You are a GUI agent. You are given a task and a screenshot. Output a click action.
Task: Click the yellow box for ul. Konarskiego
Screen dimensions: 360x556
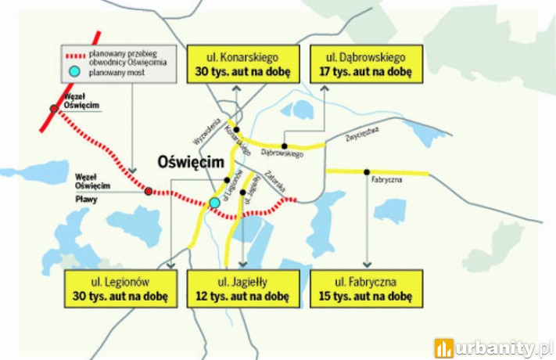click(x=242, y=64)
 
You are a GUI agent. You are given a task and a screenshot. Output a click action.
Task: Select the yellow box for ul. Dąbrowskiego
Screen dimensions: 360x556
click(x=366, y=64)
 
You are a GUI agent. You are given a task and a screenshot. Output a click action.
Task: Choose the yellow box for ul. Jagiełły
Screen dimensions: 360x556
click(x=242, y=289)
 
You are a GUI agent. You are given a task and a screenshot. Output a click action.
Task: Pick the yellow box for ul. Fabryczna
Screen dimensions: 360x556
click(x=366, y=289)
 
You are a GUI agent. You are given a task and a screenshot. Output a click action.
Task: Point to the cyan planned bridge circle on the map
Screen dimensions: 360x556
click(x=214, y=203)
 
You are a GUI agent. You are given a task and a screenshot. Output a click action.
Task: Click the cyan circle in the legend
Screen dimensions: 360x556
click(x=74, y=72)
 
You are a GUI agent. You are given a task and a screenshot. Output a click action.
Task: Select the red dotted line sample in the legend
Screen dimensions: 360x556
click(x=74, y=57)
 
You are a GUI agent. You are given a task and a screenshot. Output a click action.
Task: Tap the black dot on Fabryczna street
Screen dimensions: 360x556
click(x=367, y=171)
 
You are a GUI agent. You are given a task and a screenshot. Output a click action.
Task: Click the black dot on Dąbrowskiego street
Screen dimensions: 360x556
click(x=285, y=146)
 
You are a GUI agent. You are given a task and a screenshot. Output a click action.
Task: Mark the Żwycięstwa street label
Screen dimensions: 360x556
click(x=362, y=134)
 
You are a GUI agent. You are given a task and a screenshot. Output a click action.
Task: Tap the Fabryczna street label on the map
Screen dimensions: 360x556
click(x=388, y=180)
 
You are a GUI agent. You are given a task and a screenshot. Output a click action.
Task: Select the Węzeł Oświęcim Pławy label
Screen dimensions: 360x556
click(x=92, y=186)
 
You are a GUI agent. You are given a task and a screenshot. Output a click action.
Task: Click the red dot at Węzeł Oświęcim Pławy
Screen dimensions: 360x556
click(x=149, y=191)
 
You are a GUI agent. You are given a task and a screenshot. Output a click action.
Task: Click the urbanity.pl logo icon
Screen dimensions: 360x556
click(x=444, y=347)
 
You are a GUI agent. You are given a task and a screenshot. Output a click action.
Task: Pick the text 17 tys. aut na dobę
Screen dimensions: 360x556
click(x=366, y=72)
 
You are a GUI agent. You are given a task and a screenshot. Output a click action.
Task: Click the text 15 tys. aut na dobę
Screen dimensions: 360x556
click(x=366, y=297)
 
